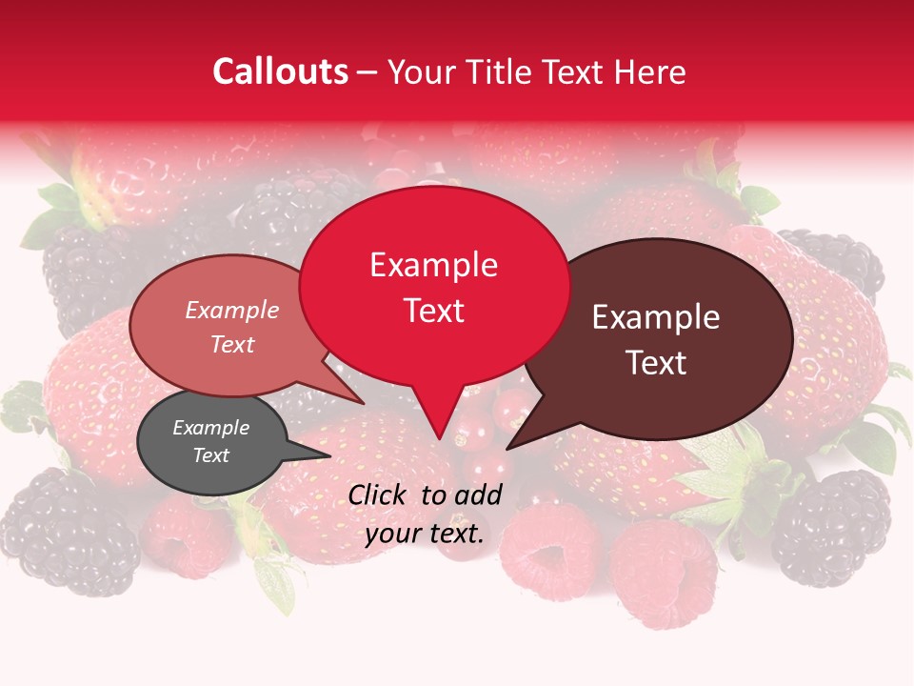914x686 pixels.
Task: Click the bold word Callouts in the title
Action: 280,71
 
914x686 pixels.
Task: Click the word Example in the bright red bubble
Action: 433,265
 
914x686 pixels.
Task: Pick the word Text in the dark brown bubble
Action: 657,362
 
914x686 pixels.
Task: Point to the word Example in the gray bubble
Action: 210,428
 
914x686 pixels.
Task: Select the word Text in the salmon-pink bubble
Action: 232,344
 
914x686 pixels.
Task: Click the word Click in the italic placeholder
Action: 379,494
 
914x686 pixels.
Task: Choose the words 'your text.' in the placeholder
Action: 425,534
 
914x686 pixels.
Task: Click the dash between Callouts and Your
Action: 367,72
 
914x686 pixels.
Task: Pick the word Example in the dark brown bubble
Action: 656,317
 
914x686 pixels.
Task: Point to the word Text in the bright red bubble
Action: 434,311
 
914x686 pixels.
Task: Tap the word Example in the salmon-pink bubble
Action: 232,310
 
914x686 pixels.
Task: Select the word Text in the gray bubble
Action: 210,455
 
